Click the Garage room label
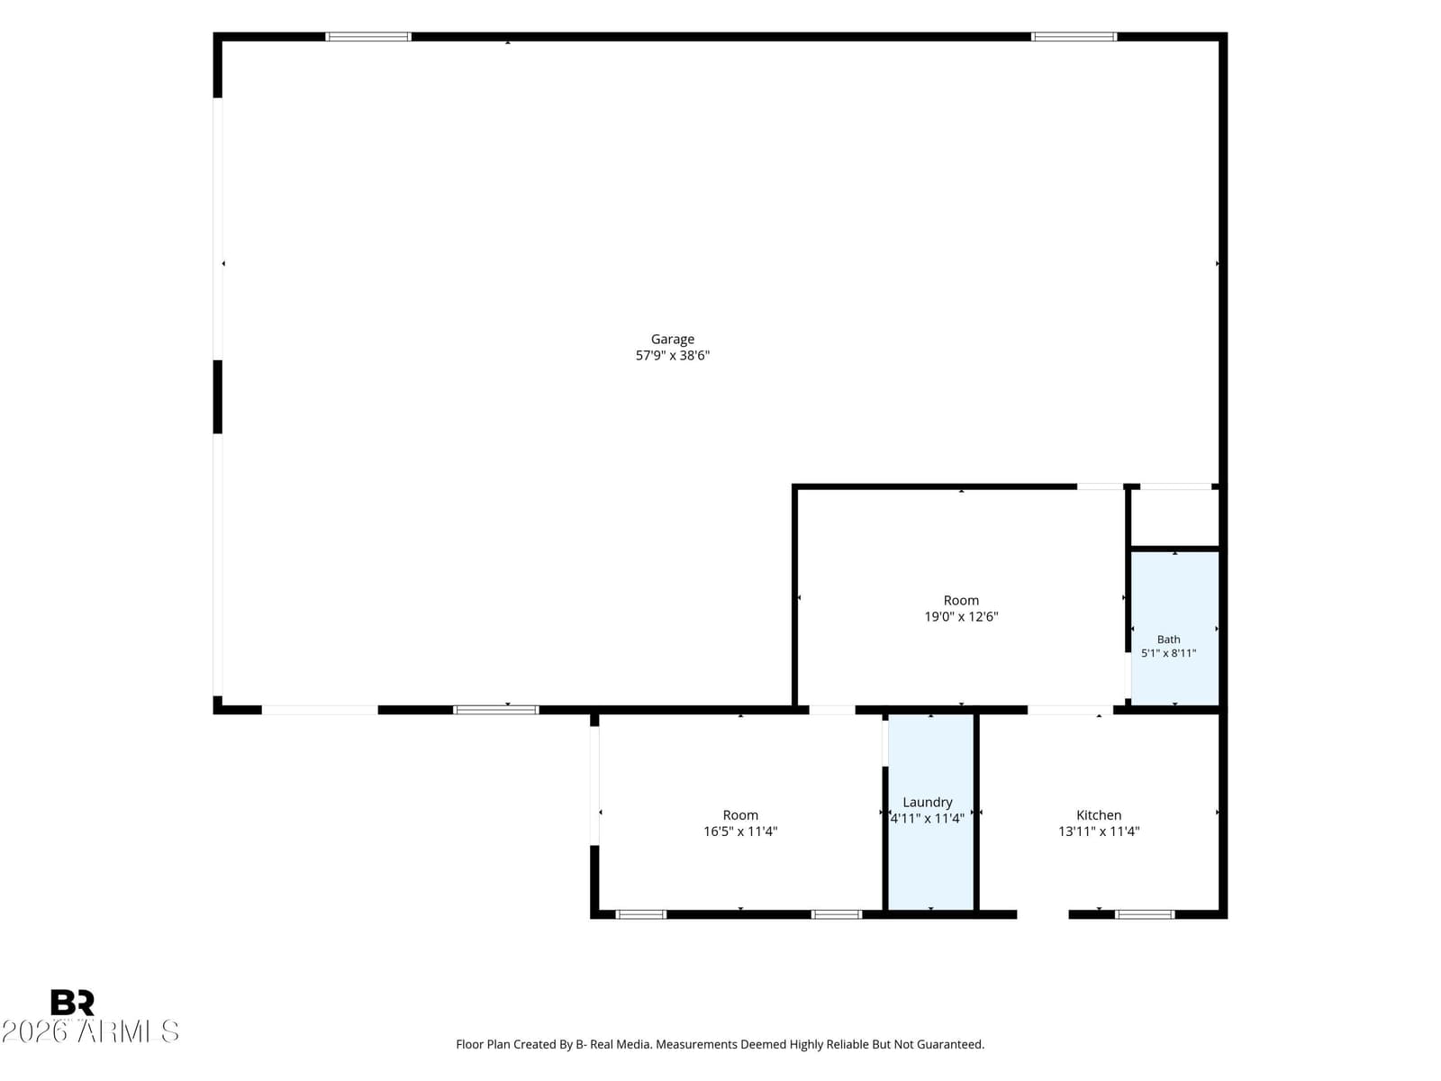[x=672, y=340]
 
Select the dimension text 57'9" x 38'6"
[x=672, y=356]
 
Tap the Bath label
[x=1168, y=640]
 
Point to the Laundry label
[x=927, y=802]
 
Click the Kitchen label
[x=1098, y=815]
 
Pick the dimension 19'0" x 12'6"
[x=961, y=617]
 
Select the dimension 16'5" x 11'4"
[x=740, y=831]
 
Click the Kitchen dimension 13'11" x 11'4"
[x=1098, y=831]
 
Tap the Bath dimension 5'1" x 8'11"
[x=1168, y=654]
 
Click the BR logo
[x=72, y=1003]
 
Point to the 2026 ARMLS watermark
[x=90, y=1031]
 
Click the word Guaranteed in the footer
[x=950, y=1044]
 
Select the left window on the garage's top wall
[x=368, y=37]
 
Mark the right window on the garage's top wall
[x=1074, y=37]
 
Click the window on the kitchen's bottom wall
[x=1145, y=914]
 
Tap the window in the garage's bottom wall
[x=495, y=710]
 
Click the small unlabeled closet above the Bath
[x=1174, y=517]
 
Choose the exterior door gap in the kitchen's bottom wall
[x=1043, y=914]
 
